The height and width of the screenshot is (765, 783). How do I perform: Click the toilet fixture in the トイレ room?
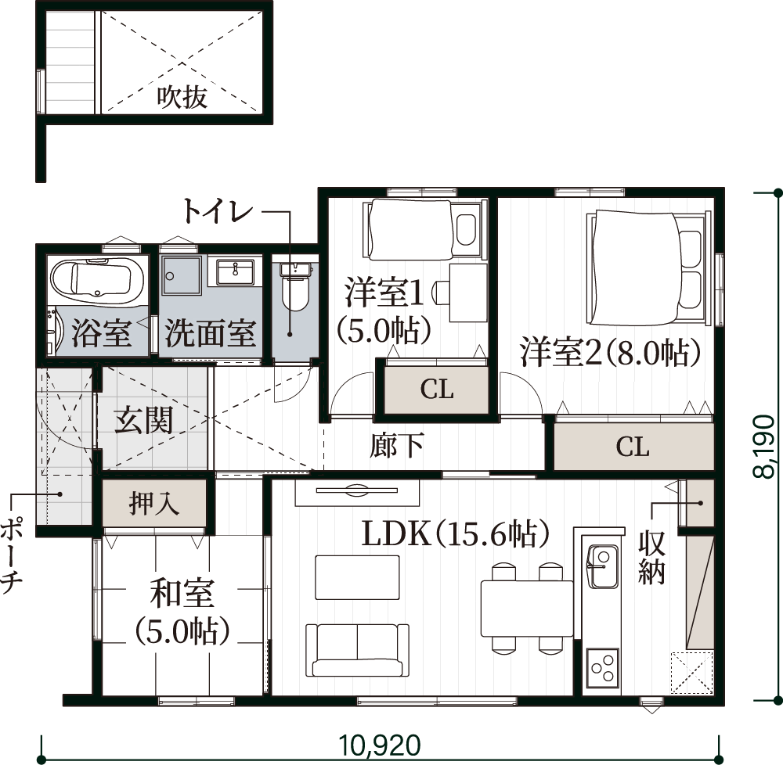pos(295,286)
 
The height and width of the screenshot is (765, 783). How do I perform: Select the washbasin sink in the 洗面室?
pos(235,271)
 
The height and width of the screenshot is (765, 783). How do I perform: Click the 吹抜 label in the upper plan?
pos(182,97)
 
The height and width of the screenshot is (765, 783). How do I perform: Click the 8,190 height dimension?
pos(764,447)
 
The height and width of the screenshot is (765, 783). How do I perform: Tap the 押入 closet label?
pos(153,503)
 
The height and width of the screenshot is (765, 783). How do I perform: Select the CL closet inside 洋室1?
pos(436,390)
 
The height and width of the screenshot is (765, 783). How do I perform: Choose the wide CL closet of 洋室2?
pos(633,447)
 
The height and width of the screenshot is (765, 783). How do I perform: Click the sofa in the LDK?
pos(357,650)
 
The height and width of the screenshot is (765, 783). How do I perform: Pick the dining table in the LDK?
pos(527,608)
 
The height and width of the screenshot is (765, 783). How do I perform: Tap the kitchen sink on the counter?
pos(603,566)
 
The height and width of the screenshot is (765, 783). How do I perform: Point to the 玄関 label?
pos(144,421)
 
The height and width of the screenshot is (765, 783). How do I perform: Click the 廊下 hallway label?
pos(397,445)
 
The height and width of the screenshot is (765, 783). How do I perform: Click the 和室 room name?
pos(182,593)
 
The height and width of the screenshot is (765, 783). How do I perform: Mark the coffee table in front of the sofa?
pos(357,577)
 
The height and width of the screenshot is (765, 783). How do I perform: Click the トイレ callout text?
pos(218,211)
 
